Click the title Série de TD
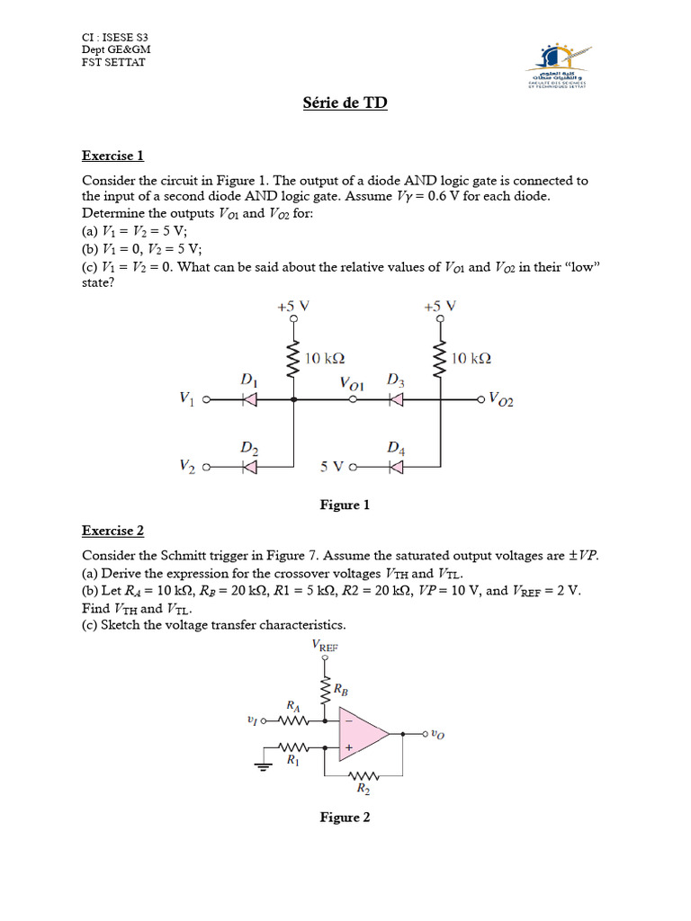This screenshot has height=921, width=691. coord(345,103)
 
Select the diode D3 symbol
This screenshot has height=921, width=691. coord(395,400)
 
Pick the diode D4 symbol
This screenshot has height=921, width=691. coord(395,467)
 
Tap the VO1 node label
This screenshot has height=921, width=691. coord(352,384)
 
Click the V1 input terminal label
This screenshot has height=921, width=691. coord(186,398)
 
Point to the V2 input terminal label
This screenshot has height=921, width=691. coord(186,466)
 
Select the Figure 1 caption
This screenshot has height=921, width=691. coord(345,505)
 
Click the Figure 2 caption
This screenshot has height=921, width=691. coord(345,818)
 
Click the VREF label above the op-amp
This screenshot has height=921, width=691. coord(324,645)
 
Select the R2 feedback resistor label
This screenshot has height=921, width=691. coord(363,790)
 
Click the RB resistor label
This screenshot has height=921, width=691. coord(342,690)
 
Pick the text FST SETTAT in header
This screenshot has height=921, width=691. coord(113,63)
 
